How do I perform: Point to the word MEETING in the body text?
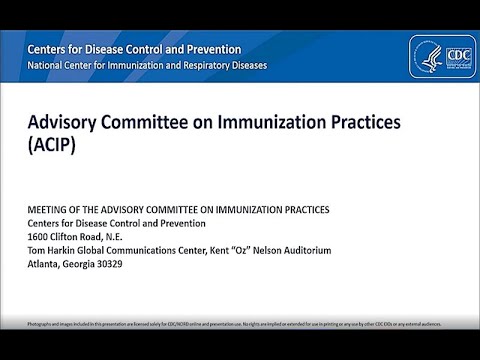[x=51, y=209]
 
